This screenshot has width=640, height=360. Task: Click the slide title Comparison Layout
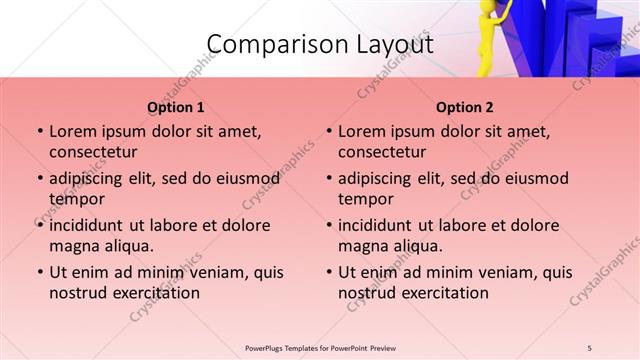[319, 44]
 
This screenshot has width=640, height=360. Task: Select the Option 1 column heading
[176, 107]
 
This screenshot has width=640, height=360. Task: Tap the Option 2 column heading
[464, 107]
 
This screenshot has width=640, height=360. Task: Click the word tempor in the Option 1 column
[76, 199]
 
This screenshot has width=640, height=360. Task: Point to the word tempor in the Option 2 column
[365, 199]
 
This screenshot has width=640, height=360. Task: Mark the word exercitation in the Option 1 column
[154, 293]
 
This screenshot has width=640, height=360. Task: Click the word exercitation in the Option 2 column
[443, 293]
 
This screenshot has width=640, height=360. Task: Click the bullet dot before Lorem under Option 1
[39, 132]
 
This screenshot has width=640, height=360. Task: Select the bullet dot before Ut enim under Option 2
[328, 272]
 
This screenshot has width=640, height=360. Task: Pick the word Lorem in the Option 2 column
[362, 131]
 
